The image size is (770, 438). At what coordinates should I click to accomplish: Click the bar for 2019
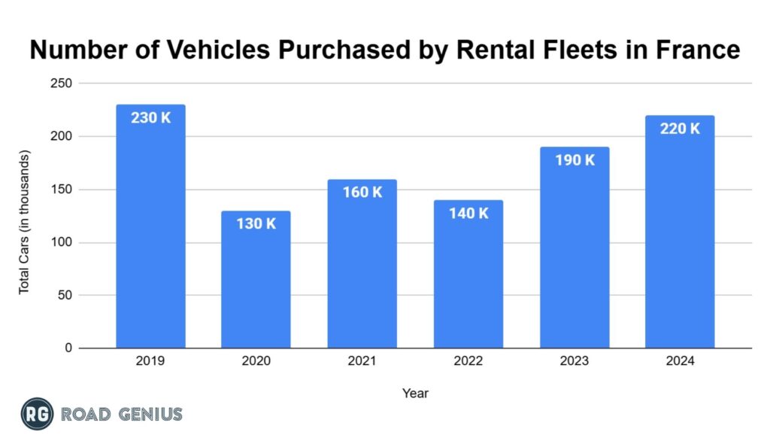click(x=150, y=233)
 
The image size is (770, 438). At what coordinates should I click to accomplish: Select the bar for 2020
click(x=256, y=286)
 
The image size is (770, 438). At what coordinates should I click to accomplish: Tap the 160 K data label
click(x=362, y=193)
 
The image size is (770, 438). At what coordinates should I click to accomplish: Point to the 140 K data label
click(x=468, y=214)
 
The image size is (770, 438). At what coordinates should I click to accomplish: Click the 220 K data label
click(x=680, y=129)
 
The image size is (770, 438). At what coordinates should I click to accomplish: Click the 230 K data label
click(x=150, y=118)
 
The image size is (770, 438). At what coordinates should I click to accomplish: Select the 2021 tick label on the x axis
click(x=362, y=361)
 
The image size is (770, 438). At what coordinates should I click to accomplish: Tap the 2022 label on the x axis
click(x=468, y=361)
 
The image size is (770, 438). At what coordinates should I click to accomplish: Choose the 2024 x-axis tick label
click(x=680, y=361)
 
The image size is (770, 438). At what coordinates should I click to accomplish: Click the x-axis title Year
click(x=415, y=393)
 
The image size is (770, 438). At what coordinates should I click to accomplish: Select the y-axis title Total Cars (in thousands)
click(x=24, y=223)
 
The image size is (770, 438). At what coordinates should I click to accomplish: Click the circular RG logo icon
click(x=37, y=413)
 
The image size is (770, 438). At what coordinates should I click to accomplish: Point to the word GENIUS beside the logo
click(x=149, y=413)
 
